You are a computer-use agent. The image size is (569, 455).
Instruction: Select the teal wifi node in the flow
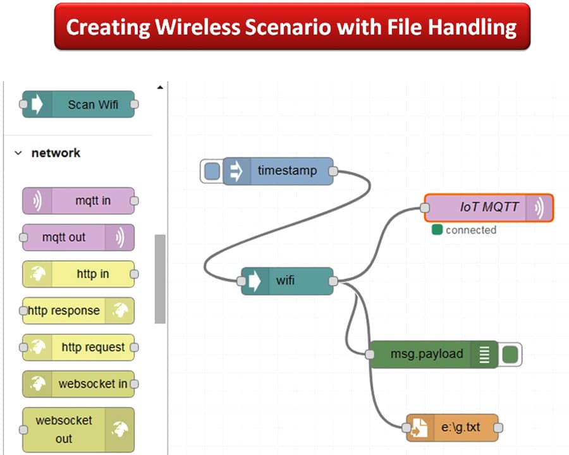pyautogui.click(x=287, y=281)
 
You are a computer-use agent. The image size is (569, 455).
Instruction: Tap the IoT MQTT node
pyautogui.click(x=488, y=207)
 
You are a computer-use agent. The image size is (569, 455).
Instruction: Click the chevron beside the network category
pyautogui.click(x=18, y=153)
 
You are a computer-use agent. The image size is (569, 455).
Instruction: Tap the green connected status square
pyautogui.click(x=437, y=230)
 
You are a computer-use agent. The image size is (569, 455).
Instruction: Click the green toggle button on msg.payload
pyautogui.click(x=510, y=355)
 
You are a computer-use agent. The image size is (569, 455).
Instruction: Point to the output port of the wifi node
pyautogui.click(x=334, y=281)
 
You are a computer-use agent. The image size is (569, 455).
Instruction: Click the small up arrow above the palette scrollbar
pyautogui.click(x=160, y=87)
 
